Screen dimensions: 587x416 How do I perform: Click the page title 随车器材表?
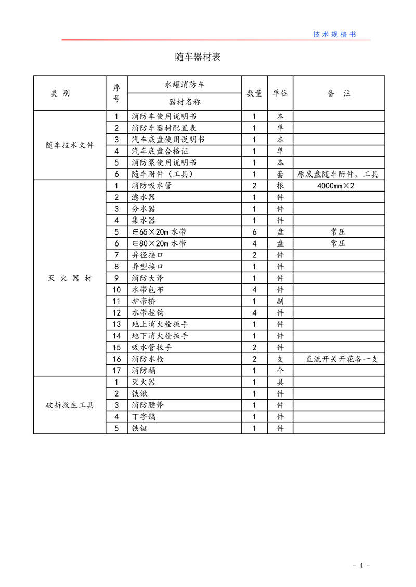coord(198,57)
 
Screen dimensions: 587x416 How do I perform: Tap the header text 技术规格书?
coord(334,34)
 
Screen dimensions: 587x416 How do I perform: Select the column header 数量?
coord(254,93)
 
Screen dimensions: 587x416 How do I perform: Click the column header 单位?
coord(280,93)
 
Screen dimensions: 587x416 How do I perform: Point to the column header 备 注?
coord(339,93)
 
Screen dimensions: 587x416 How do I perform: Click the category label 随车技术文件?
coord(70,145)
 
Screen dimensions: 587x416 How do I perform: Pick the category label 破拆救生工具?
coord(70,405)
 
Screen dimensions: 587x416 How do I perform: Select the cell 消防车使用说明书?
coord(164,117)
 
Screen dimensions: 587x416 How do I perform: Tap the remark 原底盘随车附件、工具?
coord(339,174)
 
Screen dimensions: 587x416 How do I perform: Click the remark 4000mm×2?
coord(339,186)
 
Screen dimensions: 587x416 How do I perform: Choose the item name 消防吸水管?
coord(151,186)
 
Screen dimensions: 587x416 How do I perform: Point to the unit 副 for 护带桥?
coord(280,302)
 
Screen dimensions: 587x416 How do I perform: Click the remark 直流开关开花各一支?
coord(339,359)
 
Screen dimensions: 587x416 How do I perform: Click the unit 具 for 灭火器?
coord(280,382)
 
